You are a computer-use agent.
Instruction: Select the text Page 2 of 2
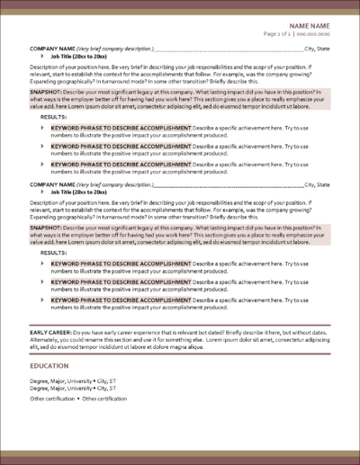click(277, 33)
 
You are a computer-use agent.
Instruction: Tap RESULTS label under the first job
click(54, 117)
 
